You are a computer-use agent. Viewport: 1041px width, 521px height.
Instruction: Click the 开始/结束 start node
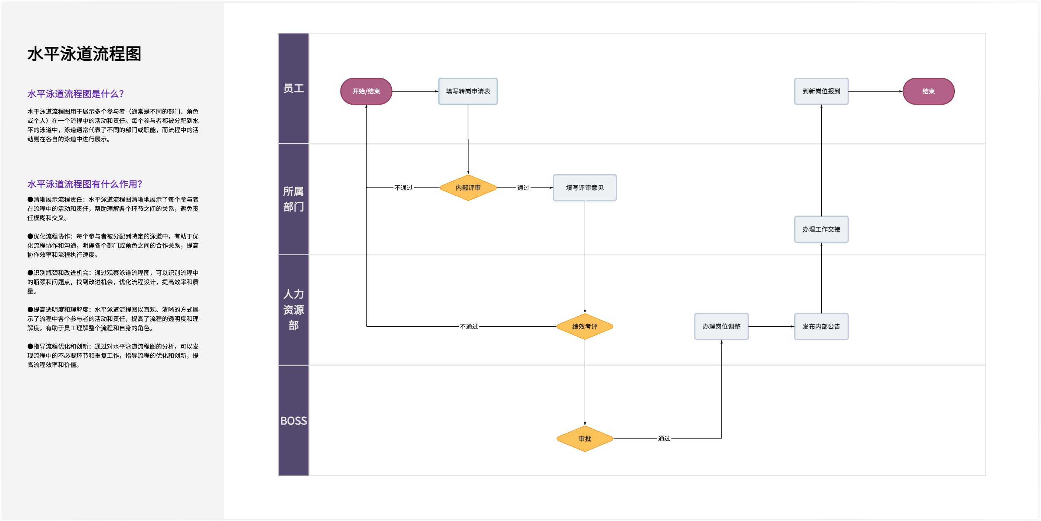coord(366,91)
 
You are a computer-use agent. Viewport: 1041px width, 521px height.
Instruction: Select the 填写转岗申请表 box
coord(468,91)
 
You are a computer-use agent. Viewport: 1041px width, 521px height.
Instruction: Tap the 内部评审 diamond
coord(468,188)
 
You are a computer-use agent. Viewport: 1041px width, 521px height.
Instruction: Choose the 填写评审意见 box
coord(585,188)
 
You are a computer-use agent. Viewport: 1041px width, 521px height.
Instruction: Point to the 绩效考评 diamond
coord(585,326)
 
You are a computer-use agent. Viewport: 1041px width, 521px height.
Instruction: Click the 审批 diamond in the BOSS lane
coord(585,439)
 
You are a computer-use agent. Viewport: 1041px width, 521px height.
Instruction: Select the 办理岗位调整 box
coord(722,326)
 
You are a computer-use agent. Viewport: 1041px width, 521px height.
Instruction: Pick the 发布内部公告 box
coord(821,326)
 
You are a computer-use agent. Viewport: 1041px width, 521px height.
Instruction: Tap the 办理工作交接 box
coord(821,229)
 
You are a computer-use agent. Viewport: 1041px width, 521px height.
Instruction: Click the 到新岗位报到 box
coord(821,91)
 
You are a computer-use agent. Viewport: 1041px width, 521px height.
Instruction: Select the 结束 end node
coord(929,91)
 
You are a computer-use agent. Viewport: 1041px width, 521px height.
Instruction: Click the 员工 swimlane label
coord(293,88)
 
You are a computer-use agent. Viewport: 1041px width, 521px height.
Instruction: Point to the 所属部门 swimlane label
coord(293,199)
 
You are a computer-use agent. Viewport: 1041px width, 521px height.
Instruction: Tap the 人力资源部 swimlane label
coord(293,310)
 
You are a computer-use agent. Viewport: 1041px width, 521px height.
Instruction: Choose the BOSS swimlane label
coord(293,421)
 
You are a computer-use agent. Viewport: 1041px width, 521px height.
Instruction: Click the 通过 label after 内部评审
coord(523,188)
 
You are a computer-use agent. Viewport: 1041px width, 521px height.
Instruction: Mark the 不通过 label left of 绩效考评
coord(469,326)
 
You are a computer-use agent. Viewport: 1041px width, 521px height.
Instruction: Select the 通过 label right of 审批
coord(664,439)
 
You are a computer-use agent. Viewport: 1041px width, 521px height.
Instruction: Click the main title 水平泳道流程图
coord(84,54)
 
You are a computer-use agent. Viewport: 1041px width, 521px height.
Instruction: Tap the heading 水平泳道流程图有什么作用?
coord(85,184)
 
